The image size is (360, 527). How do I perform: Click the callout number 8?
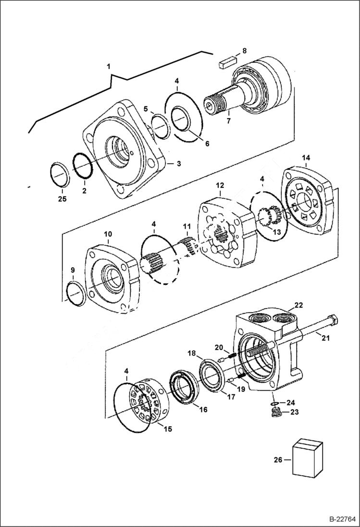tap(244, 50)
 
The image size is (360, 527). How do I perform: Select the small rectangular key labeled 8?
tap(226, 62)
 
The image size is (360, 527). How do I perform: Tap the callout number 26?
tap(277, 460)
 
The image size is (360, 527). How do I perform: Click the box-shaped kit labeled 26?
tap(308, 458)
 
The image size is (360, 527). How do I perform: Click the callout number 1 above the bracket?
tap(109, 65)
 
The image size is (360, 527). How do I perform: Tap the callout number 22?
tap(299, 305)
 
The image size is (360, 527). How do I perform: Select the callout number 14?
tap(306, 158)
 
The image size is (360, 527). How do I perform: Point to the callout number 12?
tap(220, 185)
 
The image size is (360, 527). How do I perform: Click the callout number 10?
tap(107, 234)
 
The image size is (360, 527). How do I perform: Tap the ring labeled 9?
tap(76, 294)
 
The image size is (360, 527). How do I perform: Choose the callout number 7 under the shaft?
tap(229, 121)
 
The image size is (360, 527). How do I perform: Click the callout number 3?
tap(178, 164)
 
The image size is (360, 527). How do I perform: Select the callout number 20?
tap(219, 347)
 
